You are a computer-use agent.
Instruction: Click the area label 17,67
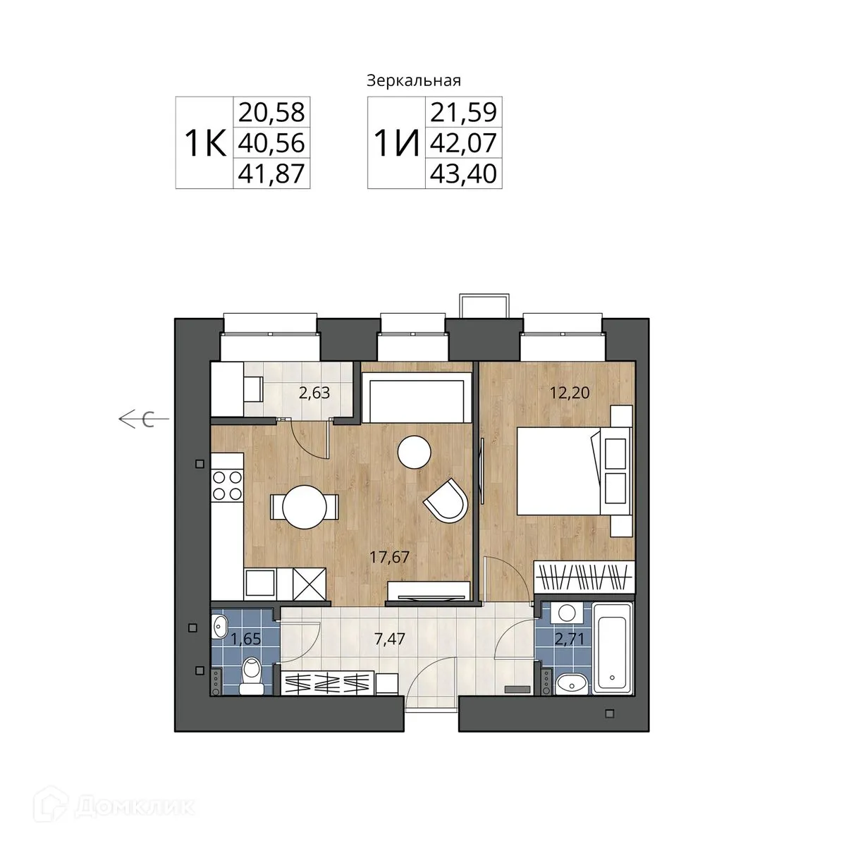389,557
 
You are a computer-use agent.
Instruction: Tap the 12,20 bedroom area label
570,393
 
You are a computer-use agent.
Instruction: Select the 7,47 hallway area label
389,639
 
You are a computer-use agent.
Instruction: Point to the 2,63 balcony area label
314,393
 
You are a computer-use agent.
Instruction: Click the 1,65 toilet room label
246,639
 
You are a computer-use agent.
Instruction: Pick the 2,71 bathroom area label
569,639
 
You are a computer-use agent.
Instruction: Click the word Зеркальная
414,81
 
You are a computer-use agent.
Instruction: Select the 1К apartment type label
205,143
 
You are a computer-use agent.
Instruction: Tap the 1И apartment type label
396,143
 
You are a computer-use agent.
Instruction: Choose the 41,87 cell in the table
271,173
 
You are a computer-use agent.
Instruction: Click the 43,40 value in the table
463,173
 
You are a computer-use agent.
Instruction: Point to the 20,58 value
271,112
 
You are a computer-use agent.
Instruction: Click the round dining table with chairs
305,507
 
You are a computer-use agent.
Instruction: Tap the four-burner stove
227,485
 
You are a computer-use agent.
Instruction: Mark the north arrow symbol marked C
144,419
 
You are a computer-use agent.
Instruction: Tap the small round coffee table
414,452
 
